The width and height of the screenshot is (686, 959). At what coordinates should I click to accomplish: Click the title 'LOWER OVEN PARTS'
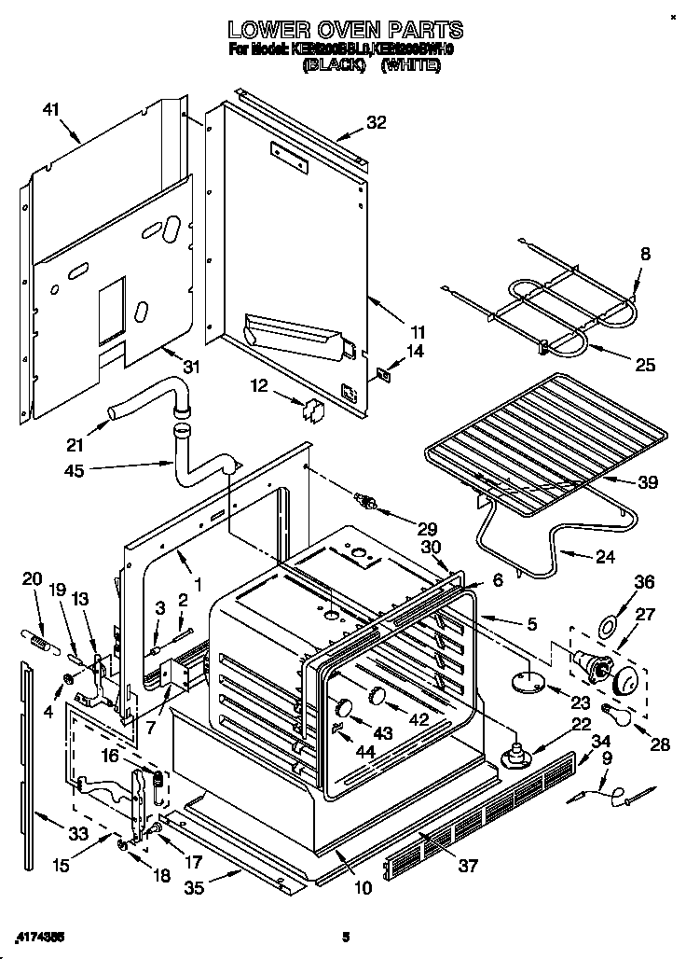click(x=345, y=32)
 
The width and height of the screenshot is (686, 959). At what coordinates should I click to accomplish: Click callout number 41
click(x=50, y=110)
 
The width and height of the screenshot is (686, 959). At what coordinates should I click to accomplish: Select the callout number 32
click(x=375, y=120)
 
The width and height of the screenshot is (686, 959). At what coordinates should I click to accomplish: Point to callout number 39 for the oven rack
click(x=647, y=482)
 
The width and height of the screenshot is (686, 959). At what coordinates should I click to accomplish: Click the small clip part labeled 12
click(x=313, y=408)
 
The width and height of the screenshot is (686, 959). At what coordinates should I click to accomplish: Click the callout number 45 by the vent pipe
click(x=74, y=471)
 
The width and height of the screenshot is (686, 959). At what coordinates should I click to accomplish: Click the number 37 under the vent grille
click(x=467, y=866)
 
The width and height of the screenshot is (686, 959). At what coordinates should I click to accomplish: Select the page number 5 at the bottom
click(x=344, y=936)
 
